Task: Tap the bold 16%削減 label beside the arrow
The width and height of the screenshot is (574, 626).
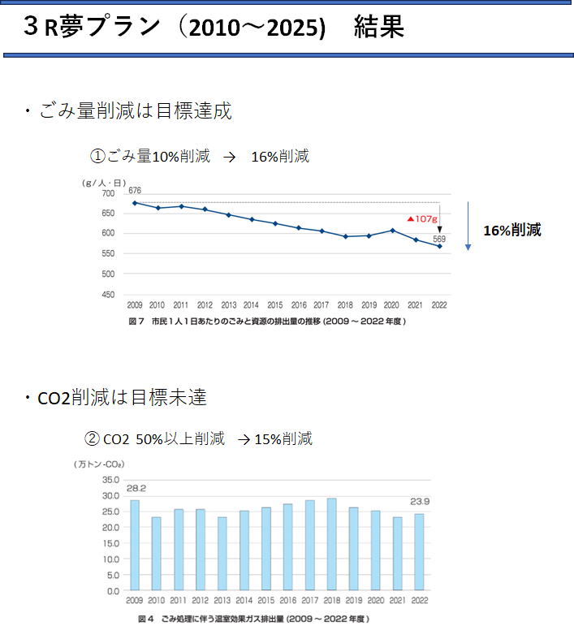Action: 511,230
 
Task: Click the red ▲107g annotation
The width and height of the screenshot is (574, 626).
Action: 422,218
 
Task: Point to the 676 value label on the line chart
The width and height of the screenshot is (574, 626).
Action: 135,190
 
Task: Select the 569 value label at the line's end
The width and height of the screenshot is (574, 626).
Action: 439,239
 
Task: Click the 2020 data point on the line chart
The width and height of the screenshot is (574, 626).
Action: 391,230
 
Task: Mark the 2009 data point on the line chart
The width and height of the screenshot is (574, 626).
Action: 135,203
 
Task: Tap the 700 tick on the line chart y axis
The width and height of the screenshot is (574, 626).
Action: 109,193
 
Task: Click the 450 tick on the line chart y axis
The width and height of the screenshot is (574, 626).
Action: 109,295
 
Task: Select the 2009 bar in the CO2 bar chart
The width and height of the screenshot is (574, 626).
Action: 135,545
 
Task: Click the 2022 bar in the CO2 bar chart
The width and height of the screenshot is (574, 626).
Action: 418,552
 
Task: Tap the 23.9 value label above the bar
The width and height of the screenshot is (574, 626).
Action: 419,502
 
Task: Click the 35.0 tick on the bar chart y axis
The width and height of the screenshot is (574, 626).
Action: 110,480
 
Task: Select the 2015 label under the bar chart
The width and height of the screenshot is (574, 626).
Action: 265,601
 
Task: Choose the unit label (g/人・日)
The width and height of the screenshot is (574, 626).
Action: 101,183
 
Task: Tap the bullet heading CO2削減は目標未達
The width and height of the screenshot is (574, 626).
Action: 122,398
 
